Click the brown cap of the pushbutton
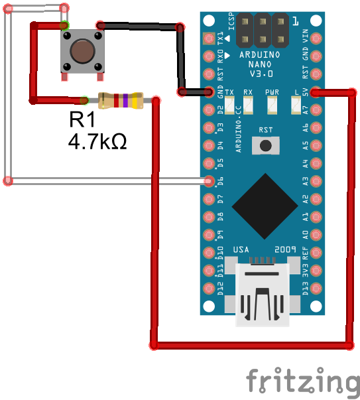(x=82, y=51)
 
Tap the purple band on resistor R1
(x=125, y=101)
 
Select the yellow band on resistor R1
(x=135, y=101)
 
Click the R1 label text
(x=82, y=119)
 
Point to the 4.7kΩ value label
(x=97, y=141)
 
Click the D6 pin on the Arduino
(x=209, y=181)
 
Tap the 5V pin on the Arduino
(x=316, y=92)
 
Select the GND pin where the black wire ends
(x=209, y=92)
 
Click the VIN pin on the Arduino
(x=316, y=38)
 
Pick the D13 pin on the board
(x=316, y=289)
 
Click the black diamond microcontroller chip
(x=265, y=206)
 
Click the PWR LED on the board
(x=272, y=105)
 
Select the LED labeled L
(x=296, y=105)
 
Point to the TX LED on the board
(x=229, y=105)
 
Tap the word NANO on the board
(x=260, y=64)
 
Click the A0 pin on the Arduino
(x=316, y=235)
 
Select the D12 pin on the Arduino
(x=209, y=289)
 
